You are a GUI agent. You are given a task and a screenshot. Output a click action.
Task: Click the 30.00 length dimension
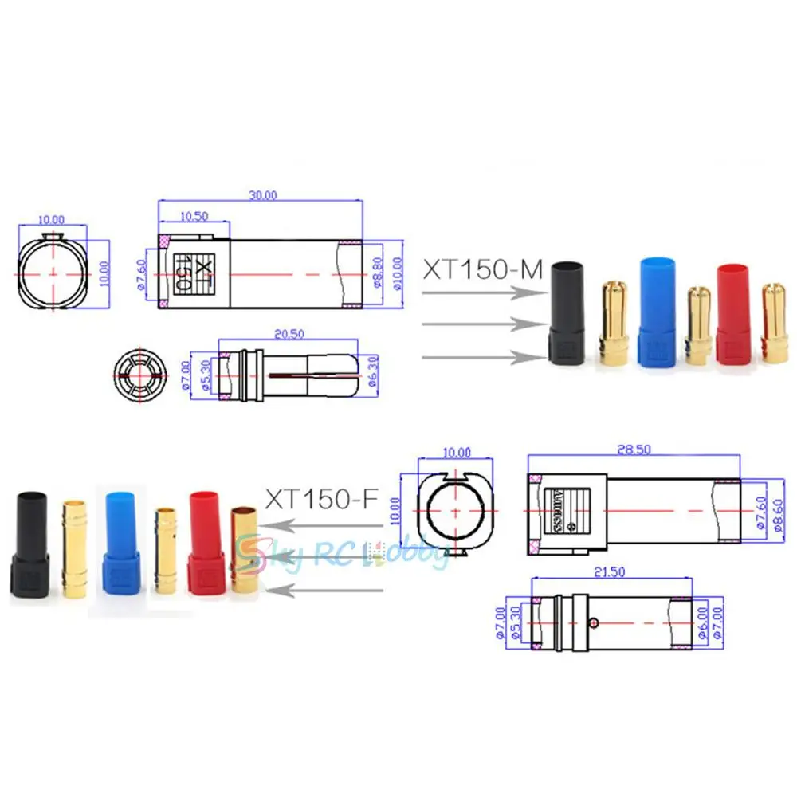[263, 194]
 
